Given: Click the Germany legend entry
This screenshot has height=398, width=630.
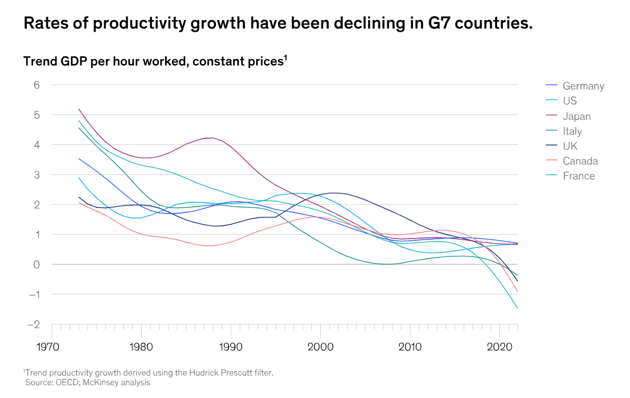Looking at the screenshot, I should point(583,86).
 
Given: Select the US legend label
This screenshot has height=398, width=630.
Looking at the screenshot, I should point(570,101).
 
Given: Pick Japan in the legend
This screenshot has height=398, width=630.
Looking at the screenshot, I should point(576,116).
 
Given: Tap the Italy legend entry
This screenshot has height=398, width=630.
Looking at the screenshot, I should point(572,131).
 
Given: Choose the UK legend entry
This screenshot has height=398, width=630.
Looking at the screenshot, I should point(570,146).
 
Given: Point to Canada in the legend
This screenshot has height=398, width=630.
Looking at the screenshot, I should point(580,161).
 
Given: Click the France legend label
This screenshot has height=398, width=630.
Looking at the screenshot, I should point(579,176).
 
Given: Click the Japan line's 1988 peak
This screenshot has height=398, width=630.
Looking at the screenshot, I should point(213,138).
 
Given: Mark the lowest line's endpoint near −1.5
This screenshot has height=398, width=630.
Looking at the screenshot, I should point(517,308).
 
